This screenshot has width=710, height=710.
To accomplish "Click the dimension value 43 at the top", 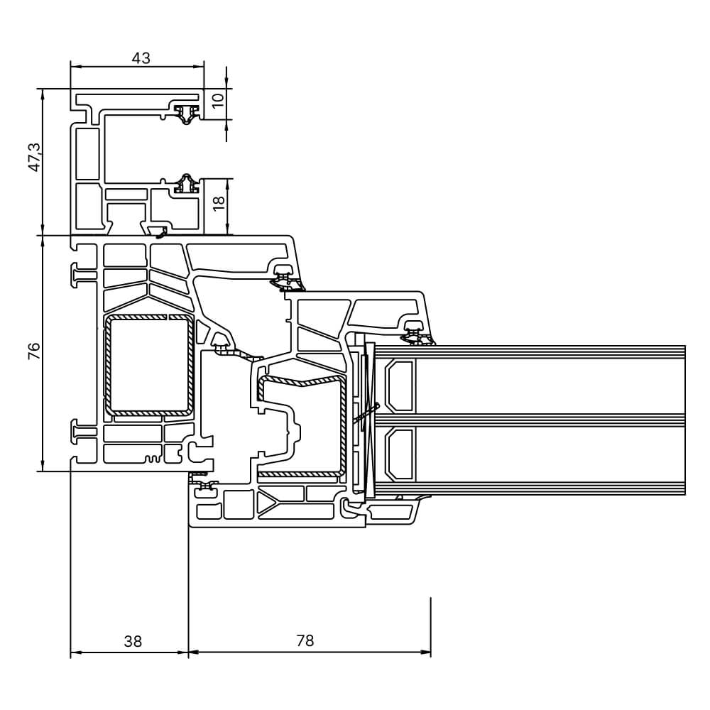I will pyautogui.click(x=141, y=58).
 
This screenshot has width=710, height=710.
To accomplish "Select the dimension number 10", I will pyautogui.click(x=219, y=100).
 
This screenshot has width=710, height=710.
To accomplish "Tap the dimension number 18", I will pyautogui.click(x=219, y=201).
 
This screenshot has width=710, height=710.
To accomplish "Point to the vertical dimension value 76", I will pyautogui.click(x=34, y=351).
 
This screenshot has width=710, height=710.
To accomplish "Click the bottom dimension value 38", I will pyautogui.click(x=133, y=641).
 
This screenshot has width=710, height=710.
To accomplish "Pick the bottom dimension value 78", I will pyautogui.click(x=305, y=641).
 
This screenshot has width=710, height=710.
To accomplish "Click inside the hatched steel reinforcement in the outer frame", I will pyautogui.click(x=109, y=366).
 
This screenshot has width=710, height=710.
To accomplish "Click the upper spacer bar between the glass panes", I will pyautogui.click(x=399, y=385).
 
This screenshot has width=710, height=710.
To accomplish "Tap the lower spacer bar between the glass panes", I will pyautogui.click(x=399, y=454).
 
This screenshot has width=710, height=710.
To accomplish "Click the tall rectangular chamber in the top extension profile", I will pyautogui.click(x=87, y=153).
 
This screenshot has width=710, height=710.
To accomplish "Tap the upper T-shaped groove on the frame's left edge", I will pyautogui.click(x=80, y=274).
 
